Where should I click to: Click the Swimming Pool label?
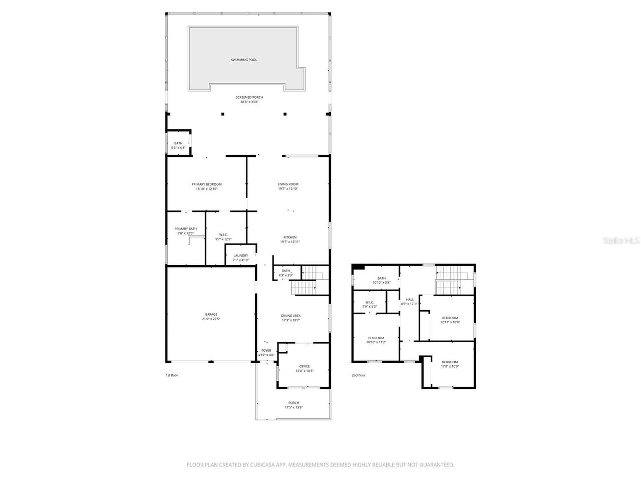[x=244, y=60]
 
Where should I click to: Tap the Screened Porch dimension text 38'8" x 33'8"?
[x=249, y=102]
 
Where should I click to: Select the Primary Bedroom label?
[x=206, y=184]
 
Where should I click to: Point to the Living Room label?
[x=288, y=184]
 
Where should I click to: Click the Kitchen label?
[x=290, y=237]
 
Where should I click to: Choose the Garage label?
[x=211, y=315]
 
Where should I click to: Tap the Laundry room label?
[x=241, y=256]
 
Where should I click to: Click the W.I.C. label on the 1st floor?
[x=223, y=234]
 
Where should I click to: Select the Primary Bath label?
[x=185, y=229]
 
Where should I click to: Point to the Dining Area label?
[x=291, y=316]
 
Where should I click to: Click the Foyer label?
[x=266, y=351]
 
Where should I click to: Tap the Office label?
[x=304, y=366]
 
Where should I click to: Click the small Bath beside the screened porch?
[x=178, y=143]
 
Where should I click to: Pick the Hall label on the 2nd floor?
[x=410, y=300]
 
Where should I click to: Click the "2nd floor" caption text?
[x=358, y=375]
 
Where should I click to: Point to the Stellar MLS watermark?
[x=621, y=241]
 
